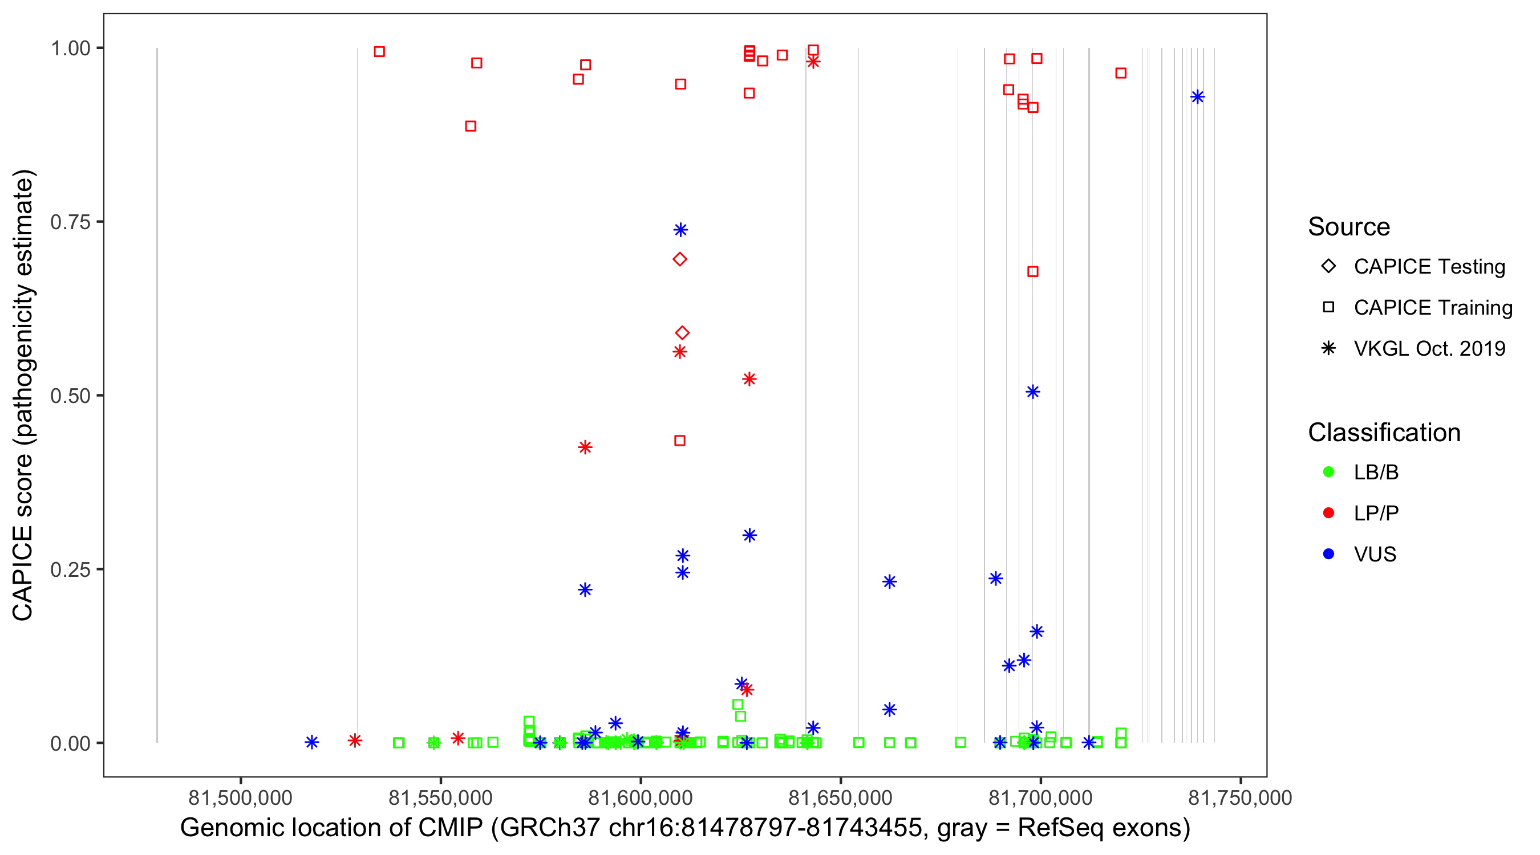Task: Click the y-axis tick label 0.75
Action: coord(70,222)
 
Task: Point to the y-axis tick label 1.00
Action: coord(70,48)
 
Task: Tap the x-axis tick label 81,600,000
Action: coord(641,797)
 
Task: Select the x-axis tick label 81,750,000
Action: coord(1240,797)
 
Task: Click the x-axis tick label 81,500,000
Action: coord(240,797)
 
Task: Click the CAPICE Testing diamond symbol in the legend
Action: coord(1328,266)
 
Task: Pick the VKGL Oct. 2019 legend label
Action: coord(1429,348)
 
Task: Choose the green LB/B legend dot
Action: coord(1328,472)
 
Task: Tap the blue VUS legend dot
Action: coord(1328,554)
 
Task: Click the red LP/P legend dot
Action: coord(1328,513)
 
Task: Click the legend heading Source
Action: coord(1349,227)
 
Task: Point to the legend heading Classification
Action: coord(1384,433)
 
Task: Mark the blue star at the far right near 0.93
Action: coord(1197,97)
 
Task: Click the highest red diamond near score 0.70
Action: coord(680,259)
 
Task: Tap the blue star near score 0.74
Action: coord(680,230)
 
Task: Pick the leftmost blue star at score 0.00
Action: coord(311,742)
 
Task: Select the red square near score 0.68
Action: coord(1032,272)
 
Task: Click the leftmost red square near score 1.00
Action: coord(379,52)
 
